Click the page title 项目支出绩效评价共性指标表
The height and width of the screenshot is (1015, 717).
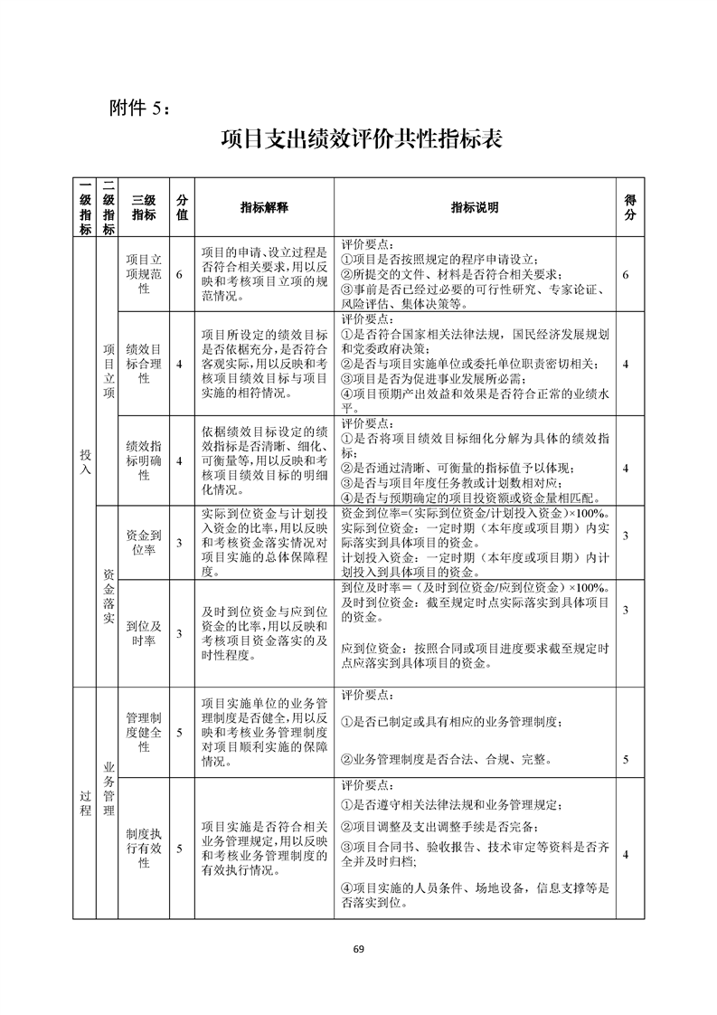pos(359,140)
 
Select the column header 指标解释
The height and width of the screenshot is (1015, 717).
pos(263,207)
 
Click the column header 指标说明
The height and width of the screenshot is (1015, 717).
pos(475,207)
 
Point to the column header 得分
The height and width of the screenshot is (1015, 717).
pos(629,207)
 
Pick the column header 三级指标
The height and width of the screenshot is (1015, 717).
pos(144,207)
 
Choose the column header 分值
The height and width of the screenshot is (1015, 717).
pos(182,207)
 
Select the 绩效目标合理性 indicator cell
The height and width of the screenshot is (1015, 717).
pos(144,364)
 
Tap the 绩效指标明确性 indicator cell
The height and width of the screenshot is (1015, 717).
pos(144,460)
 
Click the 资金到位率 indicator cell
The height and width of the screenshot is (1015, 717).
pos(144,542)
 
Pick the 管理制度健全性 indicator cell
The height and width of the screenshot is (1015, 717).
pos(144,733)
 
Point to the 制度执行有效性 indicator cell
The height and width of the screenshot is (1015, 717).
pos(144,849)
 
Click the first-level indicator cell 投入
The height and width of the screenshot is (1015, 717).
pos(85,460)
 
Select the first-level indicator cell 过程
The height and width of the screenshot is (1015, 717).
pos(85,802)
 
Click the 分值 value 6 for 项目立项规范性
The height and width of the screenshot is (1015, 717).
pos(181,274)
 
